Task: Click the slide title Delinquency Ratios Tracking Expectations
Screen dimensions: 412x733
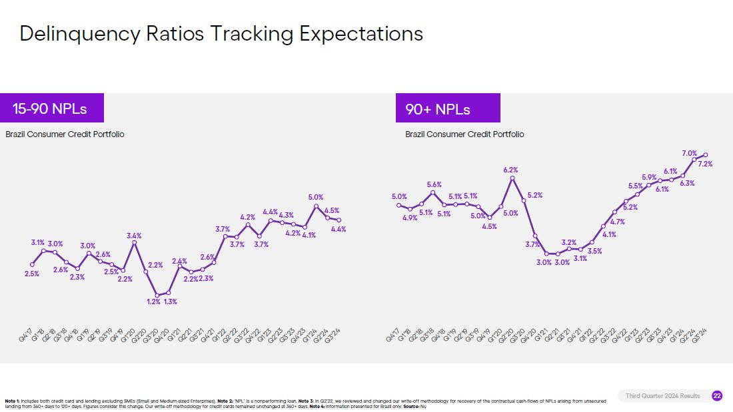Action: click(x=221, y=34)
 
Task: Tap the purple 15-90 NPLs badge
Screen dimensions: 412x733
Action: click(x=50, y=108)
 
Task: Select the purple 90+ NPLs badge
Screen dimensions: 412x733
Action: click(x=438, y=108)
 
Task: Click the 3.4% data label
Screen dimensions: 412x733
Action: click(x=134, y=236)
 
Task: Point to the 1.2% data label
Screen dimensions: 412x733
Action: click(x=153, y=302)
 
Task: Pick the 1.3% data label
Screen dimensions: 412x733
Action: click(x=170, y=302)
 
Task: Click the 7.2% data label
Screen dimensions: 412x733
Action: click(x=705, y=164)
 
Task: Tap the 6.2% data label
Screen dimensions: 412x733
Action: click(x=511, y=170)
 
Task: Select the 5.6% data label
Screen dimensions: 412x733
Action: click(x=434, y=184)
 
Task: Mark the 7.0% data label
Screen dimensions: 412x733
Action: click(x=689, y=153)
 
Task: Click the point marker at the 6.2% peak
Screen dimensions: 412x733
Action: click(x=512, y=178)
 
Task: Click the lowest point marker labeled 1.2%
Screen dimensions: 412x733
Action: click(x=157, y=295)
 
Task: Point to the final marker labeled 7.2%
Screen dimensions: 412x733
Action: click(x=706, y=155)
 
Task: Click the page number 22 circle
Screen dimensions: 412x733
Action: click(x=717, y=396)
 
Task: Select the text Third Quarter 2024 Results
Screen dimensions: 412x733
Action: click(x=662, y=396)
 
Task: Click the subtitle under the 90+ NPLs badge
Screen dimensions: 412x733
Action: click(x=464, y=134)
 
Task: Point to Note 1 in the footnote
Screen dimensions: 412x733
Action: click(x=12, y=401)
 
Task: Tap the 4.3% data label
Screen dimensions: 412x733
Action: click(x=287, y=215)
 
